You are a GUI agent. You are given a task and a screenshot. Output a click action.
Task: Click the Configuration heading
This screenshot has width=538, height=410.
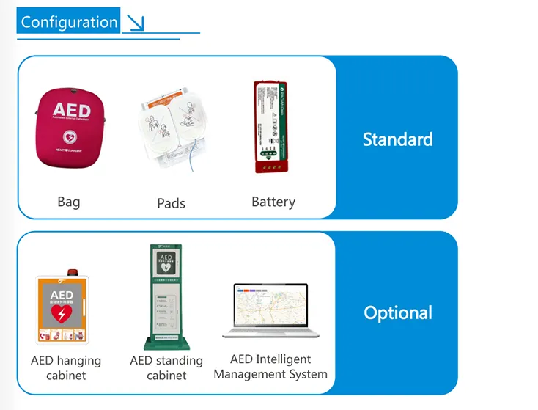point(69,22)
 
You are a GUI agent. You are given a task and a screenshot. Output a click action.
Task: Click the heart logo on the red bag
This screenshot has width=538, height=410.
point(70,136)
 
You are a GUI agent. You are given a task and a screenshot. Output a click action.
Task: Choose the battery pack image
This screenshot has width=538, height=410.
point(270,126)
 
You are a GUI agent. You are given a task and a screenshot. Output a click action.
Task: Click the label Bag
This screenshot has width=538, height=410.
point(68,202)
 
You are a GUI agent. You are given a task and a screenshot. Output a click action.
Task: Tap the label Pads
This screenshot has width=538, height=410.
point(171,203)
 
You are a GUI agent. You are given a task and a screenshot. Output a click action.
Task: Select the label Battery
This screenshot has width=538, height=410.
point(273,202)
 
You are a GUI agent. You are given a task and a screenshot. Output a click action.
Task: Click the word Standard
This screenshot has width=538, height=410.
point(397,139)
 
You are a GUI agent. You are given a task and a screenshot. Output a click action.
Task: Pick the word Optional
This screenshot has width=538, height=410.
point(398,312)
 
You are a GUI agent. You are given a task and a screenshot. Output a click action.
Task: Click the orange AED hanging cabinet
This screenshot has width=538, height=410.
point(62,309)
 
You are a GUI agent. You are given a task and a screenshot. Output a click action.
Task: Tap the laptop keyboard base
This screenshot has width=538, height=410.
point(270,334)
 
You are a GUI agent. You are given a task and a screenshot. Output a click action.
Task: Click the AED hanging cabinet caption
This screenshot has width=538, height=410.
point(66,367)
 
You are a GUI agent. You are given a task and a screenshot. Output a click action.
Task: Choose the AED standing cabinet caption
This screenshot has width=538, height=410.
point(166,367)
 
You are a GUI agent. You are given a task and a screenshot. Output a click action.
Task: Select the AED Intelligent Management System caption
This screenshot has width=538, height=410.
point(270,367)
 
